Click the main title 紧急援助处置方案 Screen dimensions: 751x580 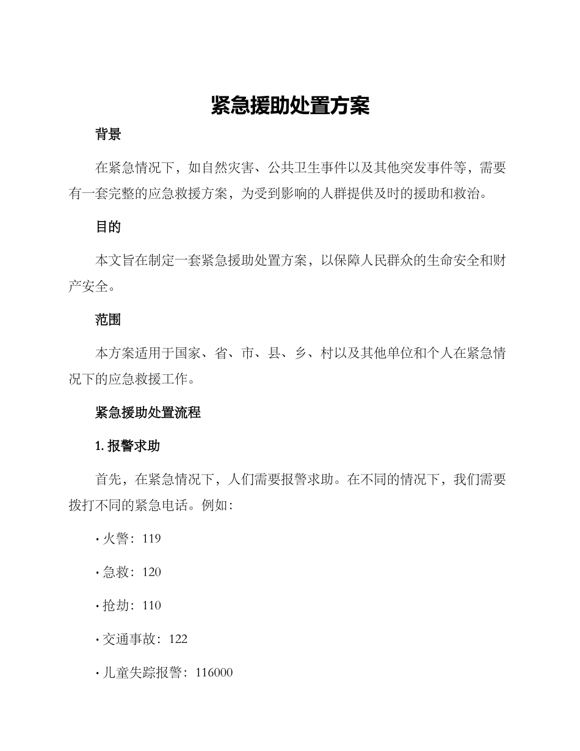[290, 106]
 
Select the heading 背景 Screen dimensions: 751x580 [108, 135]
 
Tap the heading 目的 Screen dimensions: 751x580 [108, 227]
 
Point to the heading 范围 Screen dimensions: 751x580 [108, 319]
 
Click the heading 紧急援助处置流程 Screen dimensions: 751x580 [148, 412]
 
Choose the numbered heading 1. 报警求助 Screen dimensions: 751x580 [128, 446]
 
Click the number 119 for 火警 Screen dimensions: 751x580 [151, 539]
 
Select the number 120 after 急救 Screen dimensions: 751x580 [151, 572]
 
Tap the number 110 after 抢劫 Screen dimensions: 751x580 [151, 606]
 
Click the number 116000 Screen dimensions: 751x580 [214, 673]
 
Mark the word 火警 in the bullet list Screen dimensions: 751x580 [115, 539]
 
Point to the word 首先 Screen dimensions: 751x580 [109, 479]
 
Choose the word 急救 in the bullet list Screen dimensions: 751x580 [115, 572]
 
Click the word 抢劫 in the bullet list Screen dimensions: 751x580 [115, 606]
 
